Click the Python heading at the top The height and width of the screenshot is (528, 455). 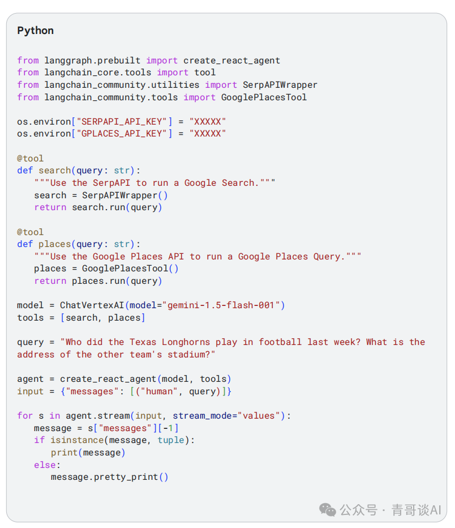point(35,31)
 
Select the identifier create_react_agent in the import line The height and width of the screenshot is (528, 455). point(231,60)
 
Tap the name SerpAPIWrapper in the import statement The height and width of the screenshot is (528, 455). point(280,84)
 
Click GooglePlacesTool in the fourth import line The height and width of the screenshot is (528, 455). point(264,97)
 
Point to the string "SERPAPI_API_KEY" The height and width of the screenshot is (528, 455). point(122,121)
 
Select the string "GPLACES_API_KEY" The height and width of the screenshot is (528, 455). point(122,134)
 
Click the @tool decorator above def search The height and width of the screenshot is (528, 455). point(30,158)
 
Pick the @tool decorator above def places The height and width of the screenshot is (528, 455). point(30,232)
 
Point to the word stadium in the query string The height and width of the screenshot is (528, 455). point(186,355)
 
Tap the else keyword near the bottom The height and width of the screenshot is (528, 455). point(44,465)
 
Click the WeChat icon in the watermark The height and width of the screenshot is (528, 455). point(328,509)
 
